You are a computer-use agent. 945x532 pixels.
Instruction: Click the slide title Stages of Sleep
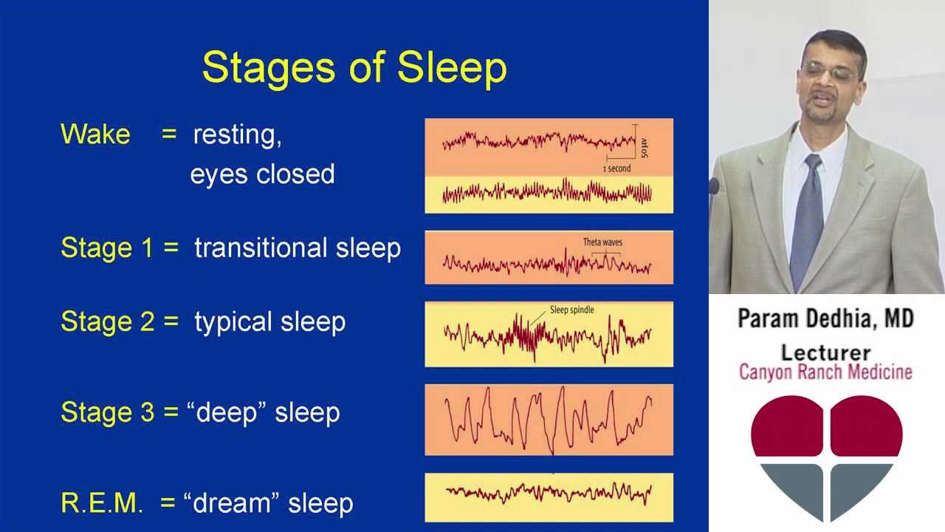click(x=354, y=67)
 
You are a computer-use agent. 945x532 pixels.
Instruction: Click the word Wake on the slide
click(x=95, y=134)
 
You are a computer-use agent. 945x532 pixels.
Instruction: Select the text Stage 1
click(x=107, y=248)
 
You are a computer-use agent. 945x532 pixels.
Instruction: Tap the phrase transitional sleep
click(x=298, y=248)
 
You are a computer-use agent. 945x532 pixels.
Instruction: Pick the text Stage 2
click(x=107, y=322)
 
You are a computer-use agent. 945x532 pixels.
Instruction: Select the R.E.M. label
click(x=102, y=503)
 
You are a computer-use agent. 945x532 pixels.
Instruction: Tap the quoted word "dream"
click(x=235, y=503)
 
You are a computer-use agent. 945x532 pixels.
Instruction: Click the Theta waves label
click(x=602, y=242)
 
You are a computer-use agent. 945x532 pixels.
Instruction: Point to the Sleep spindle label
click(x=571, y=310)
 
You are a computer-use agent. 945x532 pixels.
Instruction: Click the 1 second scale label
click(x=616, y=168)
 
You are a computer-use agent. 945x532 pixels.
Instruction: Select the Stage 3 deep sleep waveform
click(x=549, y=420)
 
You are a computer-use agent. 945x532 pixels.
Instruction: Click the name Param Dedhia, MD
click(x=825, y=319)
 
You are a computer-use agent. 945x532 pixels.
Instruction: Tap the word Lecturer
click(x=825, y=352)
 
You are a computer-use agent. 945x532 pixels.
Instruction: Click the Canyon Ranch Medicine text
click(x=825, y=372)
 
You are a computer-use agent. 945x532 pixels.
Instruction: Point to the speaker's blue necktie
click(x=807, y=214)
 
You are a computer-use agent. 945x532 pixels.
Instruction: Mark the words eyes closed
click(x=262, y=174)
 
